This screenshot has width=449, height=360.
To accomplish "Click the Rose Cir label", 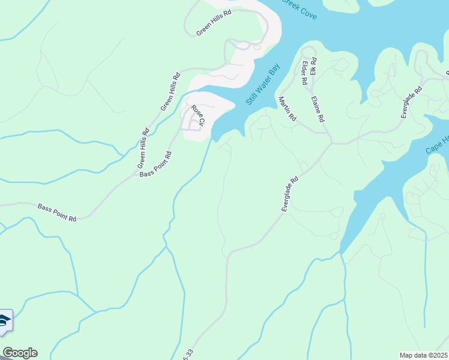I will pos(198,116).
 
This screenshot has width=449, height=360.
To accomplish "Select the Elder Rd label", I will pos(305,72).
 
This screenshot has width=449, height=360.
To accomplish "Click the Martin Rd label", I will pos(287,110).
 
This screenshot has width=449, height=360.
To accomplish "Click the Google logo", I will pos(20,353).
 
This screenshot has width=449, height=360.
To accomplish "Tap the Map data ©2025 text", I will pos(424,355).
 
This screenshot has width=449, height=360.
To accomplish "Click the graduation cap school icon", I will pos(4,321).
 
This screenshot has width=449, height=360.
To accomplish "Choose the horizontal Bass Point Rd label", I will pos(57,212).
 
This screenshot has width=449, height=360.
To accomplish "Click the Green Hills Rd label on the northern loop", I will pos(214,23).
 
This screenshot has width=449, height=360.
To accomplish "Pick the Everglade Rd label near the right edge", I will pos(412,102).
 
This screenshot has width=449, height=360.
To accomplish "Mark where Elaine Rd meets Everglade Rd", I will pos(330,143).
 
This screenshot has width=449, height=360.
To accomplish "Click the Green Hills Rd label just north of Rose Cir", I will pos(170,91).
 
